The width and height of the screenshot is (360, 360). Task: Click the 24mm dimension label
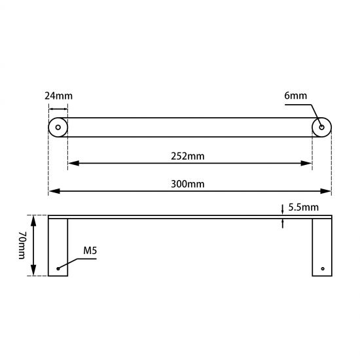click(x=58, y=96)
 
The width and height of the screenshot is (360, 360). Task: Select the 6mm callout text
click(x=295, y=96)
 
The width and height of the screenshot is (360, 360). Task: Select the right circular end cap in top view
click(x=321, y=127)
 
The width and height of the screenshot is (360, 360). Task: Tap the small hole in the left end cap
click(x=58, y=127)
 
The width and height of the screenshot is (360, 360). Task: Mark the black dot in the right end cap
click(x=321, y=126)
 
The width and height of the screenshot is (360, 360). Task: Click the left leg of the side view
click(x=58, y=247)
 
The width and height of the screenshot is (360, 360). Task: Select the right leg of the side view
click(x=321, y=247)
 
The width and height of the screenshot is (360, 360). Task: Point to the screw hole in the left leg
click(x=58, y=268)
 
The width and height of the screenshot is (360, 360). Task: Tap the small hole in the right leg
click(x=322, y=268)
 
